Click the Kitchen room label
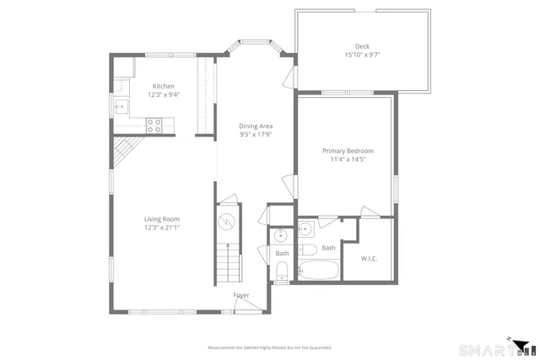pyautogui.click(x=163, y=86)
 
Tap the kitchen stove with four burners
pyautogui.click(x=154, y=125)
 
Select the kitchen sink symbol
pyautogui.click(x=121, y=105)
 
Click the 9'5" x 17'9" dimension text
pyautogui.click(x=256, y=134)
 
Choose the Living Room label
pyautogui.click(x=163, y=219)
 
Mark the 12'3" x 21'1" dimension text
pyautogui.click(x=163, y=228)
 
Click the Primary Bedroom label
pyautogui.click(x=348, y=151)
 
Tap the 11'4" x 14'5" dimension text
pyautogui.click(x=348, y=159)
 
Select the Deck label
pyautogui.click(x=363, y=46)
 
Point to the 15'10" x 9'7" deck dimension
pyautogui.click(x=363, y=55)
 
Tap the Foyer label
pyautogui.click(x=241, y=295)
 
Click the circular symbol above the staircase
pyautogui.click(x=226, y=223)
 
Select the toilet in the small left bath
pyautogui.click(x=282, y=270)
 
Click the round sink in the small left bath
pyautogui.click(x=281, y=234)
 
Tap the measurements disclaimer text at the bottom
pyautogui.click(x=269, y=347)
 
